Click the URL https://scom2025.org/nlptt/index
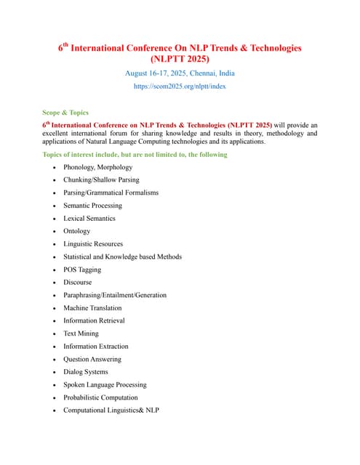coord(180,86)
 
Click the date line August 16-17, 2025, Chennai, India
coord(180,73)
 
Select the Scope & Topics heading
coord(65,113)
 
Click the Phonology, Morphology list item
coord(97,167)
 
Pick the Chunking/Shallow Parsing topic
coord(101,179)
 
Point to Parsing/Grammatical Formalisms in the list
coord(111,193)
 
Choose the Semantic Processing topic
coord(92,206)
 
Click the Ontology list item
coord(77,231)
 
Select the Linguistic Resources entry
coord(93,244)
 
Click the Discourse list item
coord(78,282)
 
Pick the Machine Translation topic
coord(92,308)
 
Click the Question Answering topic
coord(92,359)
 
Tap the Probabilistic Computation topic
coord(100,397)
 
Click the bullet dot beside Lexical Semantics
coord(55,219)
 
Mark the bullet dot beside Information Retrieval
coord(55,321)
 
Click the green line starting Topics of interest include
coord(135,154)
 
